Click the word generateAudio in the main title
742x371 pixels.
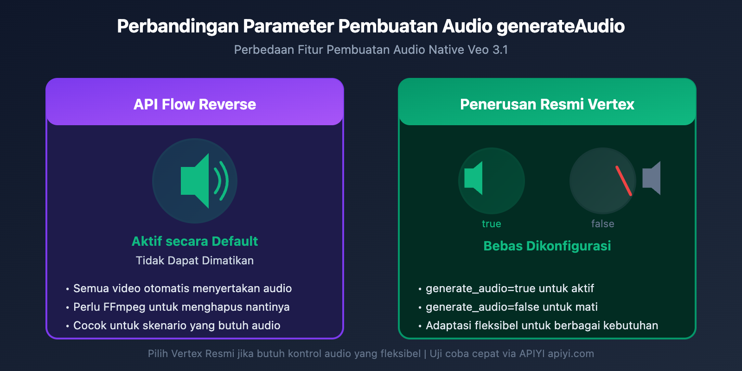tap(560, 26)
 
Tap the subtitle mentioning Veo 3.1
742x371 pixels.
tap(371, 50)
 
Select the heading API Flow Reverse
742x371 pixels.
tap(195, 104)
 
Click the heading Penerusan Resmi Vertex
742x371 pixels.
tap(547, 104)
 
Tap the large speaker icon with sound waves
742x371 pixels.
tap(199, 181)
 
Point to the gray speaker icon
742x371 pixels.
tap(652, 178)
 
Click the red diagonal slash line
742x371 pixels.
tap(624, 181)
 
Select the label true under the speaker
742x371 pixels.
tap(491, 224)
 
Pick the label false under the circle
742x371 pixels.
tap(602, 224)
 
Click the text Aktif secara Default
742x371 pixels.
tap(195, 241)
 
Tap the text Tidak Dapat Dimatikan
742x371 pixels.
tap(195, 261)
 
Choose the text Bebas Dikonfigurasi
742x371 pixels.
tap(547, 246)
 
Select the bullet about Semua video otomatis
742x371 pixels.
tap(182, 288)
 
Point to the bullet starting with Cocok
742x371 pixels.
tap(177, 326)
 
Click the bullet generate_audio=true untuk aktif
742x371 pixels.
tap(510, 288)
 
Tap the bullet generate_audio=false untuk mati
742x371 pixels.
tap(512, 307)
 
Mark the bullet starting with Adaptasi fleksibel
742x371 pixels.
tap(542, 326)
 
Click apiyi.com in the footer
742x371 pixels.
tap(570, 354)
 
